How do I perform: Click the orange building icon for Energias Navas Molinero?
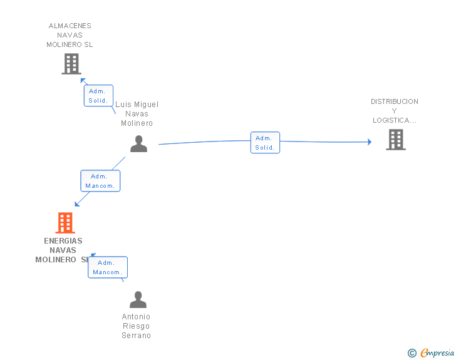click(65, 223)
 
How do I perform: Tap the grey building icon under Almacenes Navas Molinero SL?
click(71, 64)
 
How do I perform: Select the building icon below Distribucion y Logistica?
click(396, 140)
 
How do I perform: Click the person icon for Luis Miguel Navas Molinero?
click(138, 143)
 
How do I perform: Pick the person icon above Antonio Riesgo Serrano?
click(138, 299)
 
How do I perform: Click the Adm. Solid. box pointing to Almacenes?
click(98, 96)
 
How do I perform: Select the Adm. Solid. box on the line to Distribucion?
click(265, 143)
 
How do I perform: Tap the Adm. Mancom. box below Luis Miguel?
click(100, 181)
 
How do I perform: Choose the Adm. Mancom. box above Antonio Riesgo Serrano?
click(108, 267)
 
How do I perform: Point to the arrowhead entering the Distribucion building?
click(370, 142)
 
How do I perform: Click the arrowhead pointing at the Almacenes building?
click(83, 81)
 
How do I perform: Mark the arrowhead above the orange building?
click(77, 204)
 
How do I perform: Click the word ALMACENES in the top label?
click(70, 26)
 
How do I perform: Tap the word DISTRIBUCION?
click(395, 101)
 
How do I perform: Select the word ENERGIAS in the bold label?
click(63, 241)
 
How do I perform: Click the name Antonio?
click(136, 316)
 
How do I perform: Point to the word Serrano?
click(136, 336)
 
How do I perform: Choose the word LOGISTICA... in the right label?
click(395, 120)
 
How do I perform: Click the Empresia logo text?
click(437, 352)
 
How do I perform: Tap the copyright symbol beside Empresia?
click(412, 353)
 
